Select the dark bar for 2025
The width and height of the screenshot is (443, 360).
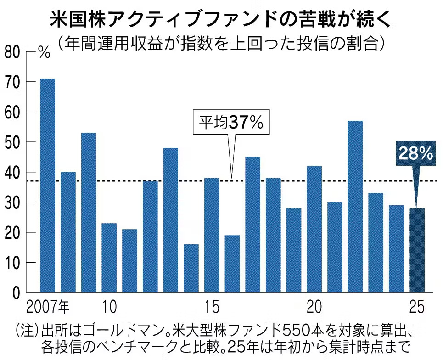[x=417, y=250]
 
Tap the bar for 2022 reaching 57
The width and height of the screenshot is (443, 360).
[x=355, y=207]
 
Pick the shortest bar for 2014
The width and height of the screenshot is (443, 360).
[x=191, y=268]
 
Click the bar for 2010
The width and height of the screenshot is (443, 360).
[x=109, y=258]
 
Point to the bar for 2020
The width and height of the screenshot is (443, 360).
[x=314, y=229]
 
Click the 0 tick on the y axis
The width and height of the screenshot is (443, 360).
[x=17, y=292]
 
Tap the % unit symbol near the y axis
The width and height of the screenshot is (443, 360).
[x=44, y=52]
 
